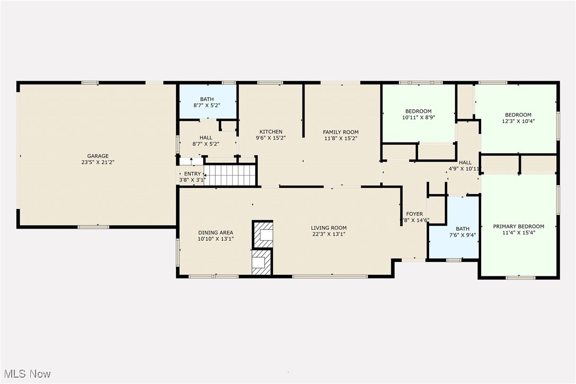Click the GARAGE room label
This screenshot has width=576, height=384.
tap(98, 156)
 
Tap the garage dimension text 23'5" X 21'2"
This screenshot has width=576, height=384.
tap(98, 162)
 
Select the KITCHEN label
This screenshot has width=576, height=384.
tap(270, 132)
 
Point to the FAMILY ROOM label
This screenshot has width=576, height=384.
tap(341, 132)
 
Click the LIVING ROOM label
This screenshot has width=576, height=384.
tap(328, 228)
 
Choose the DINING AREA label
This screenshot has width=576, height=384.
tap(215, 232)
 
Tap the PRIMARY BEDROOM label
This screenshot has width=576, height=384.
tap(518, 226)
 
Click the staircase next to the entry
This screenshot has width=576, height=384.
tap(230, 175)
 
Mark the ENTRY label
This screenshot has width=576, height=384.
tap(192, 174)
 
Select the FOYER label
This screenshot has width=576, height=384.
tap(414, 214)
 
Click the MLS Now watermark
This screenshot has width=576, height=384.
tap(26, 374)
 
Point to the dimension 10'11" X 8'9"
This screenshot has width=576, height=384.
tap(418, 118)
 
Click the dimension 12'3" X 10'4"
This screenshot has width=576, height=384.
tap(518, 121)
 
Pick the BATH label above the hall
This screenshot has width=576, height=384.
tap(206, 99)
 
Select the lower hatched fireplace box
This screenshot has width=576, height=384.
tap(261, 263)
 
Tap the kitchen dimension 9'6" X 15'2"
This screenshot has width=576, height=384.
tap(270, 138)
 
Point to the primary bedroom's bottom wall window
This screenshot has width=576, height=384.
tap(520, 277)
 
